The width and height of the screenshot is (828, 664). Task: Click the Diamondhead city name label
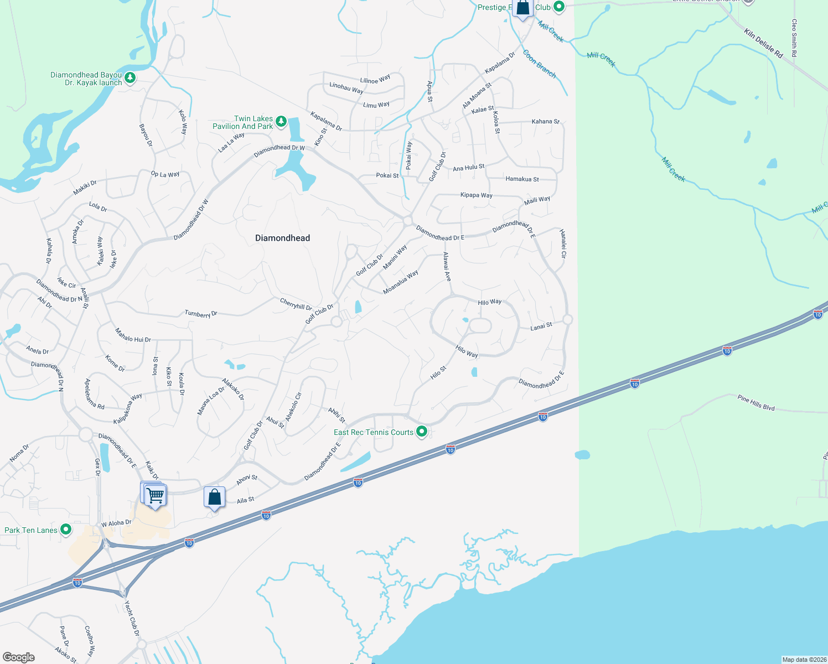(x=282, y=238)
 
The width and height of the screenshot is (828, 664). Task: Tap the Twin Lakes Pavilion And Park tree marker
(x=281, y=121)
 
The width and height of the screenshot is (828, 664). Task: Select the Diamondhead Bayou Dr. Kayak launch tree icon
(x=130, y=77)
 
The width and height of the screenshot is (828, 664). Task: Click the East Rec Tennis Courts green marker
(x=422, y=431)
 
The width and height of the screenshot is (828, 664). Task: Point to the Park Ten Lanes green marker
(x=66, y=530)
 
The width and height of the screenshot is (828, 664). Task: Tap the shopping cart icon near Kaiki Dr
(x=156, y=495)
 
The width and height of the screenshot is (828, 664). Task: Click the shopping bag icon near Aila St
(x=214, y=497)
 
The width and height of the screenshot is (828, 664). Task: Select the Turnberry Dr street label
(x=201, y=314)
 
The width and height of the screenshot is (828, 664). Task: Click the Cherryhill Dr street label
(x=296, y=304)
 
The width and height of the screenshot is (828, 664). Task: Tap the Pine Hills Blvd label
(x=755, y=402)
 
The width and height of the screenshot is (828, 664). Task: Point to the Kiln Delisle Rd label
(x=764, y=44)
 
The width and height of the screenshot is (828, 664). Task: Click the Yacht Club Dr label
(x=132, y=618)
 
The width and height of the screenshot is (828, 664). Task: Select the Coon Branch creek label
(x=539, y=64)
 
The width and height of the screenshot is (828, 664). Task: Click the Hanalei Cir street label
(x=563, y=244)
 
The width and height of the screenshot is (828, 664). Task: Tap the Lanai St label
(x=541, y=326)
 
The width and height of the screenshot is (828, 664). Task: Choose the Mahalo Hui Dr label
(x=133, y=335)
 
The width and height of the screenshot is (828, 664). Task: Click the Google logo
(x=19, y=657)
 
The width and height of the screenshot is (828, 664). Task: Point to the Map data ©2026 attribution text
(x=804, y=660)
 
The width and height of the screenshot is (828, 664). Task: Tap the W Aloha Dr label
(x=116, y=523)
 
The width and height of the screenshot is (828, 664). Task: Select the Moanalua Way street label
(x=401, y=282)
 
